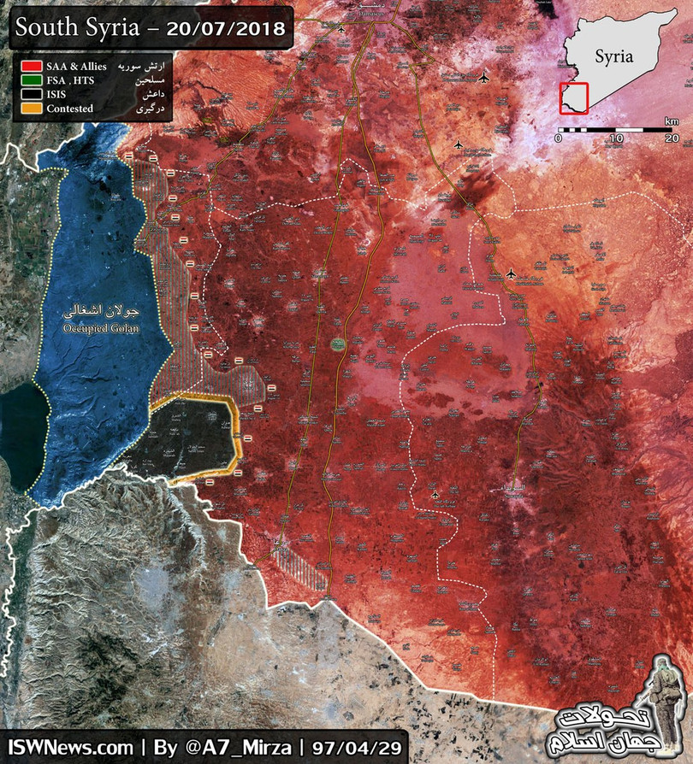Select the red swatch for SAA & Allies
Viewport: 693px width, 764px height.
pyautogui.click(x=33, y=65)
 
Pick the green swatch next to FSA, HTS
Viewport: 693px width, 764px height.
pyautogui.click(x=33, y=79)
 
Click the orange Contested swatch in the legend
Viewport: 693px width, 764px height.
pyautogui.click(x=33, y=109)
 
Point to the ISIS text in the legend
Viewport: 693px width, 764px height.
pyautogui.click(x=58, y=94)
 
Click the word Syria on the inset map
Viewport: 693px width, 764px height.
pyautogui.click(x=613, y=57)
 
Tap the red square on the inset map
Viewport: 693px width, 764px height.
pyautogui.click(x=573, y=97)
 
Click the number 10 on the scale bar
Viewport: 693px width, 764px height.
pyautogui.click(x=614, y=138)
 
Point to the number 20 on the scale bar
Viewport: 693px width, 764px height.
pyautogui.click(x=671, y=138)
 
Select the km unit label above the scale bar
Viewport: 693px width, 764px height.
pyautogui.click(x=670, y=120)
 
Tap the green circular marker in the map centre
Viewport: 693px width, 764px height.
pyautogui.click(x=337, y=344)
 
